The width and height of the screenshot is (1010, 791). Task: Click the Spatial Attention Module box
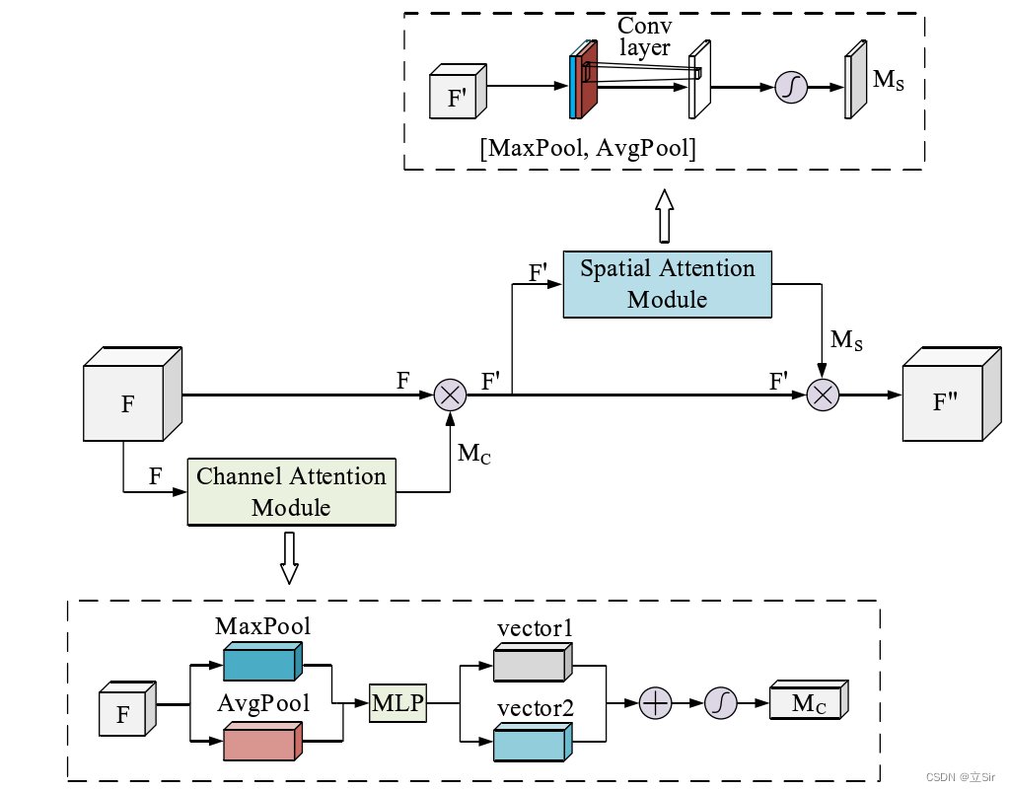point(668,284)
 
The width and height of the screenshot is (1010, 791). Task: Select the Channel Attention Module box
point(291,492)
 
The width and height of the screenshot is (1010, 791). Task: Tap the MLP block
point(397,703)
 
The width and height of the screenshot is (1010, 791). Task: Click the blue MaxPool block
point(262,662)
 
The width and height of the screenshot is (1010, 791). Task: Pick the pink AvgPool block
point(262,742)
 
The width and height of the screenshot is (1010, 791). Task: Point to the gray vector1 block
point(533,662)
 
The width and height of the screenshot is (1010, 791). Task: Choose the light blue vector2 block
point(533,742)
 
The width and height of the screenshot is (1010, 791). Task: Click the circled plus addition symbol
point(655,703)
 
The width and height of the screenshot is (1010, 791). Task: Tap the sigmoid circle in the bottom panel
point(721,703)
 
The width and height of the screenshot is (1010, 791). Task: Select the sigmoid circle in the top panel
point(791,87)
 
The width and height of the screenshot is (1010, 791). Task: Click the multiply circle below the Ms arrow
point(823,395)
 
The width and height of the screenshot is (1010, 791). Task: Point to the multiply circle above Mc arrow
point(450,395)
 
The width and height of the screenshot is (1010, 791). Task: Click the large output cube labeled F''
point(952,395)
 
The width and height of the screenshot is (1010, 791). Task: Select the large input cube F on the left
point(133,395)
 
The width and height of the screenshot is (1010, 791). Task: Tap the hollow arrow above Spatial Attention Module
point(665,216)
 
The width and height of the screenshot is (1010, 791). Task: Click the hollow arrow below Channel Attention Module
point(289,558)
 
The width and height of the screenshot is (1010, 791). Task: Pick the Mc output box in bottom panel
point(809,699)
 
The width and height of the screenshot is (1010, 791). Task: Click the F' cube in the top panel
point(458,91)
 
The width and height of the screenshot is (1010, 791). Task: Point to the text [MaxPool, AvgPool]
point(588,148)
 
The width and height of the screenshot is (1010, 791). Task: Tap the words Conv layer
point(645,36)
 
